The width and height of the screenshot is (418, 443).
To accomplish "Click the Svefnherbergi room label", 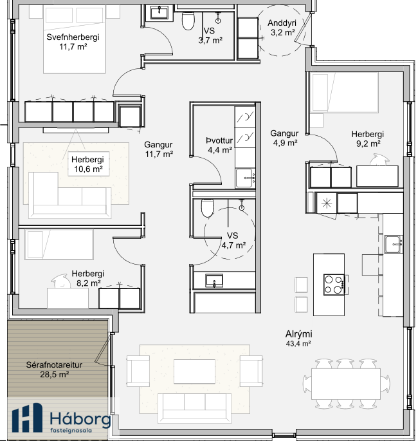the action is coord(73,42).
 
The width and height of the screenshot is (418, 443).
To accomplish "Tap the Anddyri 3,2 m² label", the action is coord(282,28).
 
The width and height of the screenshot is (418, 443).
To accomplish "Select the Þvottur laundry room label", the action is coord(219,145).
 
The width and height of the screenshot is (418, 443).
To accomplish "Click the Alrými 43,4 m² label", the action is coord(298,339).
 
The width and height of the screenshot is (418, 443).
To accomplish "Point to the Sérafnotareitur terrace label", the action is coord(54,370).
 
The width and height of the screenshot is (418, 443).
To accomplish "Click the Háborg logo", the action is coord(61,418).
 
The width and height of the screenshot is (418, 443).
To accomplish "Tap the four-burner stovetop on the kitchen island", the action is coord(334,285).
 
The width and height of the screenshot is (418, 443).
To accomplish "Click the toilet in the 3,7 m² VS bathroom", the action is coord(188,20).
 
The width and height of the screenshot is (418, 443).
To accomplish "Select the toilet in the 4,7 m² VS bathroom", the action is coord(208,207).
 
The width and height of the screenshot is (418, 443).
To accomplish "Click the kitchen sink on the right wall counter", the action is coord(394,245).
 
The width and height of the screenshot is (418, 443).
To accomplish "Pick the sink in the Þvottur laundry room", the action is coord(245,178).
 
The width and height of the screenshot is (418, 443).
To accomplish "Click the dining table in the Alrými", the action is coord(346,383).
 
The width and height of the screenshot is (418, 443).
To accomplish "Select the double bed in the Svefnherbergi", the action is coord(74,39).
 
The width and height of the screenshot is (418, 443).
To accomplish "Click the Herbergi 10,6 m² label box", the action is coord(88,164).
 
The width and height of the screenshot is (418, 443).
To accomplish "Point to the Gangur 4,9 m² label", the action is coord(284,138).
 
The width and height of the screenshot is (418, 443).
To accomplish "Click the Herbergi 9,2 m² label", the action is coord(368,138).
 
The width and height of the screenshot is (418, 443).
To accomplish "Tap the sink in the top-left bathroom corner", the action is coord(159,13).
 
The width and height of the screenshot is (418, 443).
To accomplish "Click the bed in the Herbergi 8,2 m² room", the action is coord(59,245).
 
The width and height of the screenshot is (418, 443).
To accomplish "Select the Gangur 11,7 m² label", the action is coord(159,149).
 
